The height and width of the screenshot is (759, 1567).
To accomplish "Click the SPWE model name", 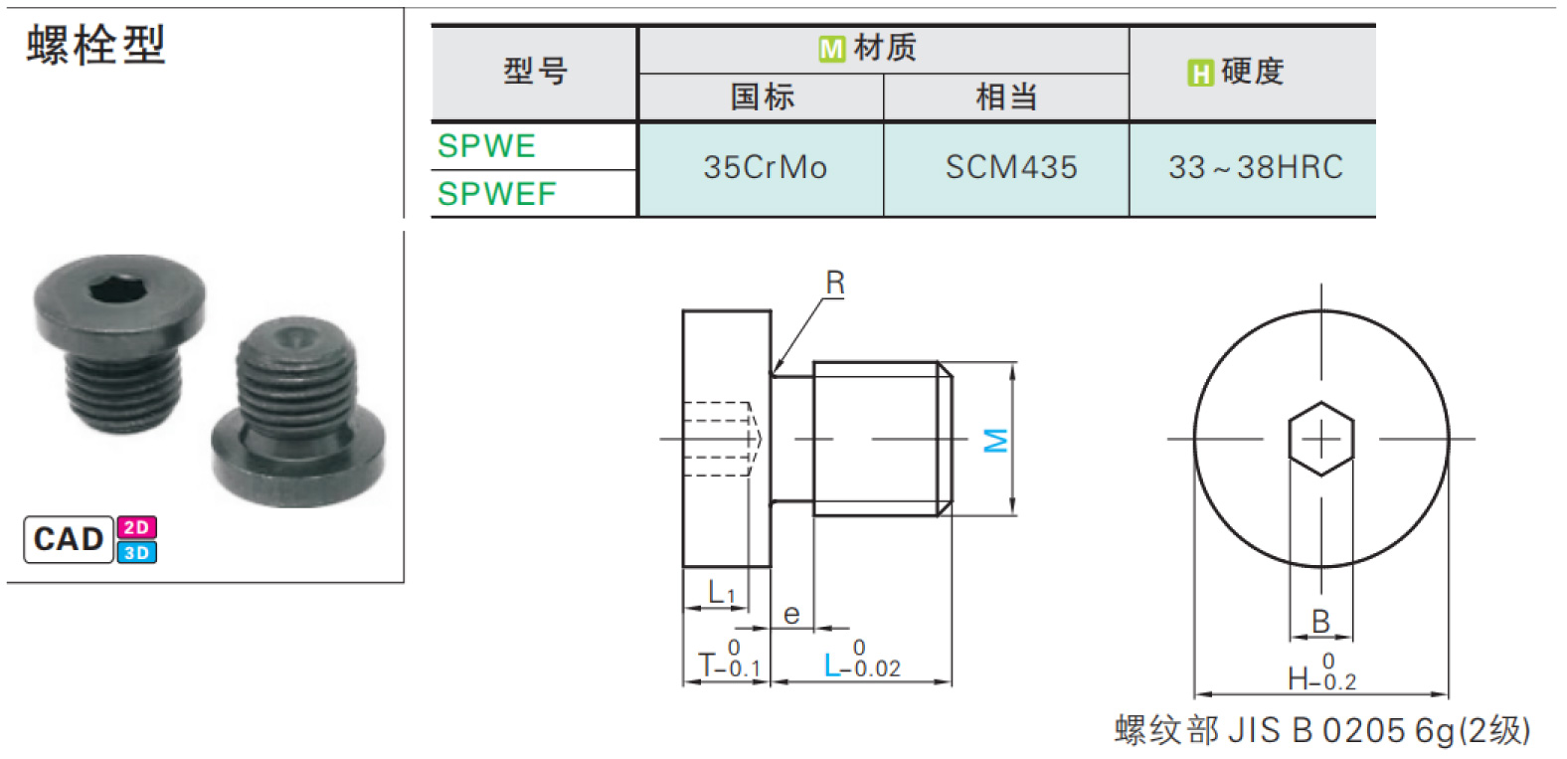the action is pos(486,146).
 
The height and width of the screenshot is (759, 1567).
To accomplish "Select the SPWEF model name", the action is pos(497,194).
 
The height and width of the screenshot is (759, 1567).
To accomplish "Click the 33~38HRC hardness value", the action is pos(1256,167).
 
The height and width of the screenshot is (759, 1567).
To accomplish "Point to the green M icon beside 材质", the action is pos(832,49).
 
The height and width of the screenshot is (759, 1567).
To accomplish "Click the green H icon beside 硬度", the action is pos(1200,73).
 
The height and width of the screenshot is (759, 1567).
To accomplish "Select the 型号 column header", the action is pos(535,72).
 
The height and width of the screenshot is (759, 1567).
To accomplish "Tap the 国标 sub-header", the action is pos(763,96).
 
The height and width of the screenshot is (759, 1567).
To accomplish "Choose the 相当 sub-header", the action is pos(1006,96).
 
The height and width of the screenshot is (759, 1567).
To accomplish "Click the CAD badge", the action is pos(69,539).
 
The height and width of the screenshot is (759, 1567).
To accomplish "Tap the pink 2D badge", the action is pos(137,527).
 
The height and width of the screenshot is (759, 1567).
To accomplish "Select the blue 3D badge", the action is pos(137,552).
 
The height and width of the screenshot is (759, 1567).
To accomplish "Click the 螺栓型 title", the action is pos(95,45).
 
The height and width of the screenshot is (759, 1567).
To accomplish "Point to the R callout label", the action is pos(835,283).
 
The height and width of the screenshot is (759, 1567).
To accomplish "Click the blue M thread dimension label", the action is pos(995,441).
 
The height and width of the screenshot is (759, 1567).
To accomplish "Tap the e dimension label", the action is pos(791,615).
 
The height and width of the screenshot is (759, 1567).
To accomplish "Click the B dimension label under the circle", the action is pos(1320,622).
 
